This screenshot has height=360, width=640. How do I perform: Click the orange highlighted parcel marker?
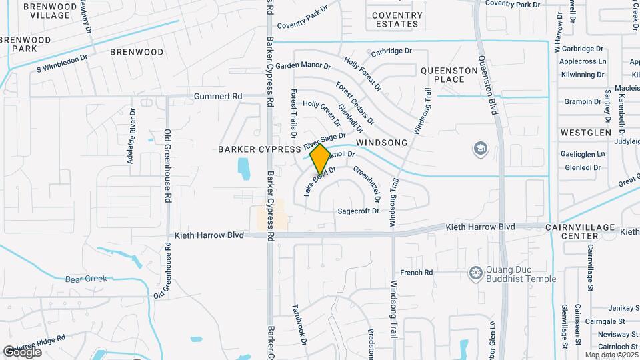[x=320, y=159]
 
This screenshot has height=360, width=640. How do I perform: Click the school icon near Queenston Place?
[x=480, y=148]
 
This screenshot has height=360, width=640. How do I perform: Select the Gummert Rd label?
[x=218, y=97]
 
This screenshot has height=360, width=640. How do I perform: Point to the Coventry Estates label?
[x=397, y=19]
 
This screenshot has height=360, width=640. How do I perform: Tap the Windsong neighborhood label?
[x=381, y=143]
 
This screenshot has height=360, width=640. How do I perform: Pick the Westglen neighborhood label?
[x=586, y=133]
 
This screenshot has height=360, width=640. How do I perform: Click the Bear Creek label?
[x=86, y=279]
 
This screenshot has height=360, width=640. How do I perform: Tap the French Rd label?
[x=417, y=273]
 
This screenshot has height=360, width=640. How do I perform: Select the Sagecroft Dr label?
[x=358, y=211]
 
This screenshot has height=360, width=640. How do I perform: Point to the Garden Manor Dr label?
[x=303, y=66]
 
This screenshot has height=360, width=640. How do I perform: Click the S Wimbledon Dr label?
[x=62, y=63]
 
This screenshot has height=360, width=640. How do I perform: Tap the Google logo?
[x=22, y=351]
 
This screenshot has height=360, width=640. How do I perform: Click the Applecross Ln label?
[x=583, y=61]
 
